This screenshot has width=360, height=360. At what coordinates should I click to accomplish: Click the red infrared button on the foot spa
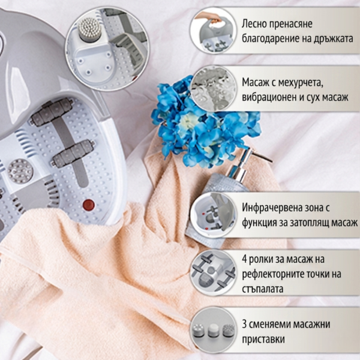click(x=89, y=205)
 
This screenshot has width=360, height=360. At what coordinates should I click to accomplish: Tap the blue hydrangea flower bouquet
click(x=198, y=123)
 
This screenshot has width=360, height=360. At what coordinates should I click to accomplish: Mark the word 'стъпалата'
click(x=263, y=289)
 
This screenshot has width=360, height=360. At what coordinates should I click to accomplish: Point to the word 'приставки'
click(x=263, y=339)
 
